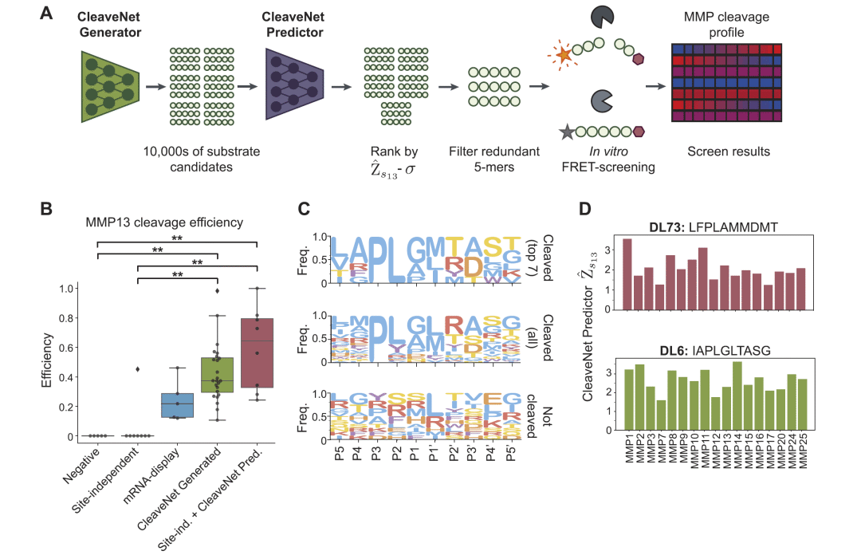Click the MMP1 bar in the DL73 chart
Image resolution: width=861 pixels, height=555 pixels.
[627, 274]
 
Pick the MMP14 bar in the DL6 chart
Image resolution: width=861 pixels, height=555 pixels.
[737, 396]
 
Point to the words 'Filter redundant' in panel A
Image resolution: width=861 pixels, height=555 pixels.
[492, 152]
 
